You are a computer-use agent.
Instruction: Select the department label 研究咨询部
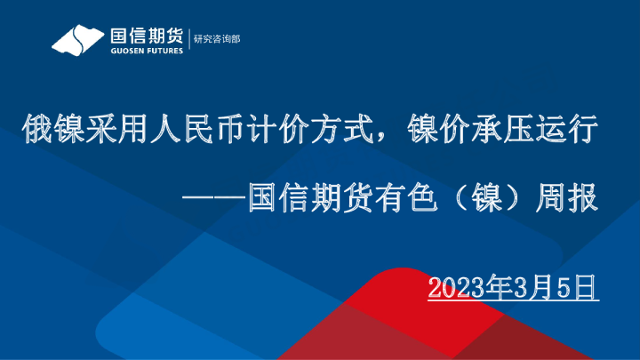217,39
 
